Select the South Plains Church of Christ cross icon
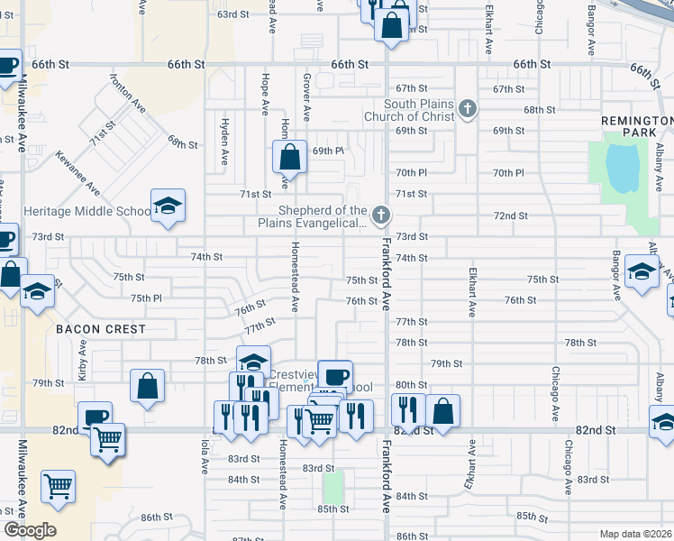click(x=467, y=109)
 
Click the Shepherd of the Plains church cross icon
click(x=381, y=215)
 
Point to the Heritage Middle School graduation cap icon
click(x=168, y=206)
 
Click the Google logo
click(x=30, y=530)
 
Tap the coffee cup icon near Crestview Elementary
click(x=335, y=376)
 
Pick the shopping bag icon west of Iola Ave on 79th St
click(x=147, y=385)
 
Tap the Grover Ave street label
click(x=306, y=98)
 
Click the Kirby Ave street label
click(x=82, y=359)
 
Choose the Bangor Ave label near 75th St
click(x=617, y=275)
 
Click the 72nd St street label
click(x=510, y=215)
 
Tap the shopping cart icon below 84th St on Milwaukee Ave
click(x=59, y=486)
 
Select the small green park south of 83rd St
click(x=333, y=488)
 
